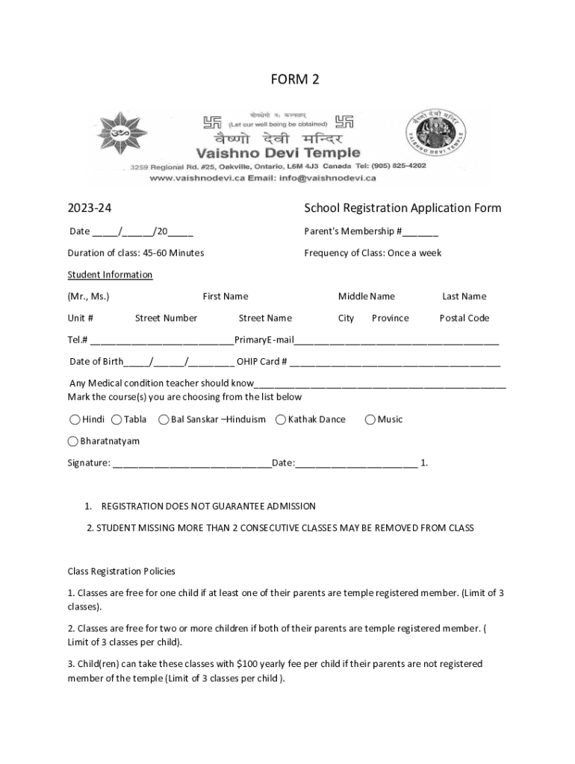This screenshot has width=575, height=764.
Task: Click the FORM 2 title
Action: (x=294, y=79)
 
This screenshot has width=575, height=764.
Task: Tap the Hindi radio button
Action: (x=75, y=419)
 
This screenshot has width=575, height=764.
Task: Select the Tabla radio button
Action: (x=116, y=419)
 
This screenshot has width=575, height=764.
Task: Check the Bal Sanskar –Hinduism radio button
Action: (x=164, y=419)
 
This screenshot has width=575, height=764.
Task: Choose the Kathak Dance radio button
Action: (x=281, y=419)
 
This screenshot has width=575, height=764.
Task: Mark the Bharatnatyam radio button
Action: (x=74, y=441)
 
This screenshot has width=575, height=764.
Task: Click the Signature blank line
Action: (x=192, y=464)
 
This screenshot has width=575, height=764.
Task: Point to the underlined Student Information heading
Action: (x=110, y=275)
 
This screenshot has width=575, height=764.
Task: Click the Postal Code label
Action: (x=464, y=318)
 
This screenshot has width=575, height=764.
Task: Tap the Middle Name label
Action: (x=366, y=296)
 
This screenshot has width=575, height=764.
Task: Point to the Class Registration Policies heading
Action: (x=121, y=572)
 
